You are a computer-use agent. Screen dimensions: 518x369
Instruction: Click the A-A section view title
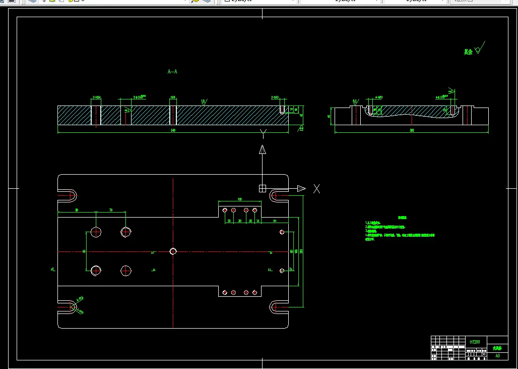pos(172,72)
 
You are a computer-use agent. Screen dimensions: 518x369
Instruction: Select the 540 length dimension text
pos(173,131)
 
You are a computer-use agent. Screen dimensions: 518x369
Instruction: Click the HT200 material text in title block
pos(475,342)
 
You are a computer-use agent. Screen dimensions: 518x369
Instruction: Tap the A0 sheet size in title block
pos(498,356)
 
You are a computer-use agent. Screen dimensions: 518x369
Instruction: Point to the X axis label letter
pos(316,189)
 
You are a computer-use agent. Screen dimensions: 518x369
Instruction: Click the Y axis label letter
pos(263,133)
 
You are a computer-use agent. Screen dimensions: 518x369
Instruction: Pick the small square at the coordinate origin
pos(263,188)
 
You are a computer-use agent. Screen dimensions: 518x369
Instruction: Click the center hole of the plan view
pos(173,251)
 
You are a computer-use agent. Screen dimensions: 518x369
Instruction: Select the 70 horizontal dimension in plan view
pos(110,210)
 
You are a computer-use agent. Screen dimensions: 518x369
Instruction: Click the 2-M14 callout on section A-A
pos(96,96)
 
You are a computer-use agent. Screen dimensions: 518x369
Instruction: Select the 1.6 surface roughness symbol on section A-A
pos(204,101)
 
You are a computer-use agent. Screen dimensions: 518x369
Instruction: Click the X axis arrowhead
pos(301,188)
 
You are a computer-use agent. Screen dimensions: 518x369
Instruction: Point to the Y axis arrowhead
pos(263,149)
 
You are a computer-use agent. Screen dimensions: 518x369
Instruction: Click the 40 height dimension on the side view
pos(329,116)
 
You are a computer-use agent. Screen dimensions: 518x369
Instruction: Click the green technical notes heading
pos(402,218)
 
